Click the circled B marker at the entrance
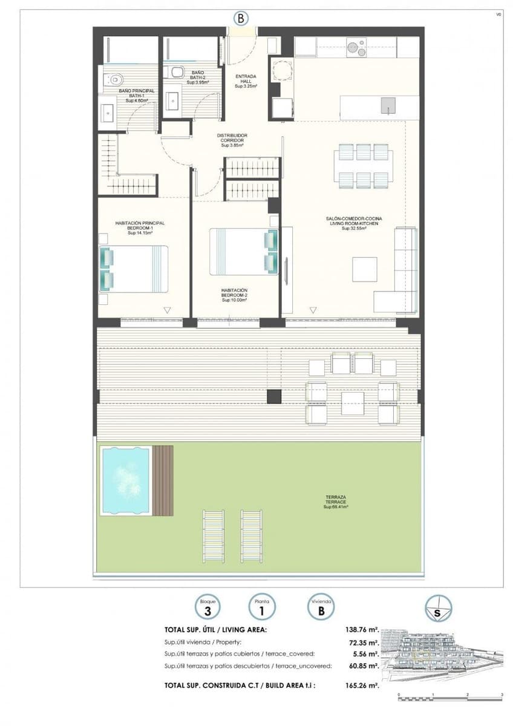pyautogui.click(x=241, y=18)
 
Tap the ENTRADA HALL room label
pyautogui.click(x=246, y=81)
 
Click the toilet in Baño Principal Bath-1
pyautogui.click(x=113, y=79)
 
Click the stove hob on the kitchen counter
pyautogui.click(x=356, y=47)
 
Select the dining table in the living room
pyautogui.click(x=364, y=166)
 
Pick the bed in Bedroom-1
pyautogui.click(x=134, y=269)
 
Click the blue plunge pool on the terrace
pyautogui.click(x=126, y=480)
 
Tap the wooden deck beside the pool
pyautogui.click(x=163, y=480)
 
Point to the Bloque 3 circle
pyautogui.click(x=207, y=607)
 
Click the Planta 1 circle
pyautogui.click(x=262, y=607)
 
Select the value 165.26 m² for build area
pyautogui.click(x=362, y=685)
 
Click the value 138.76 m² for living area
pyautogui.click(x=362, y=630)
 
